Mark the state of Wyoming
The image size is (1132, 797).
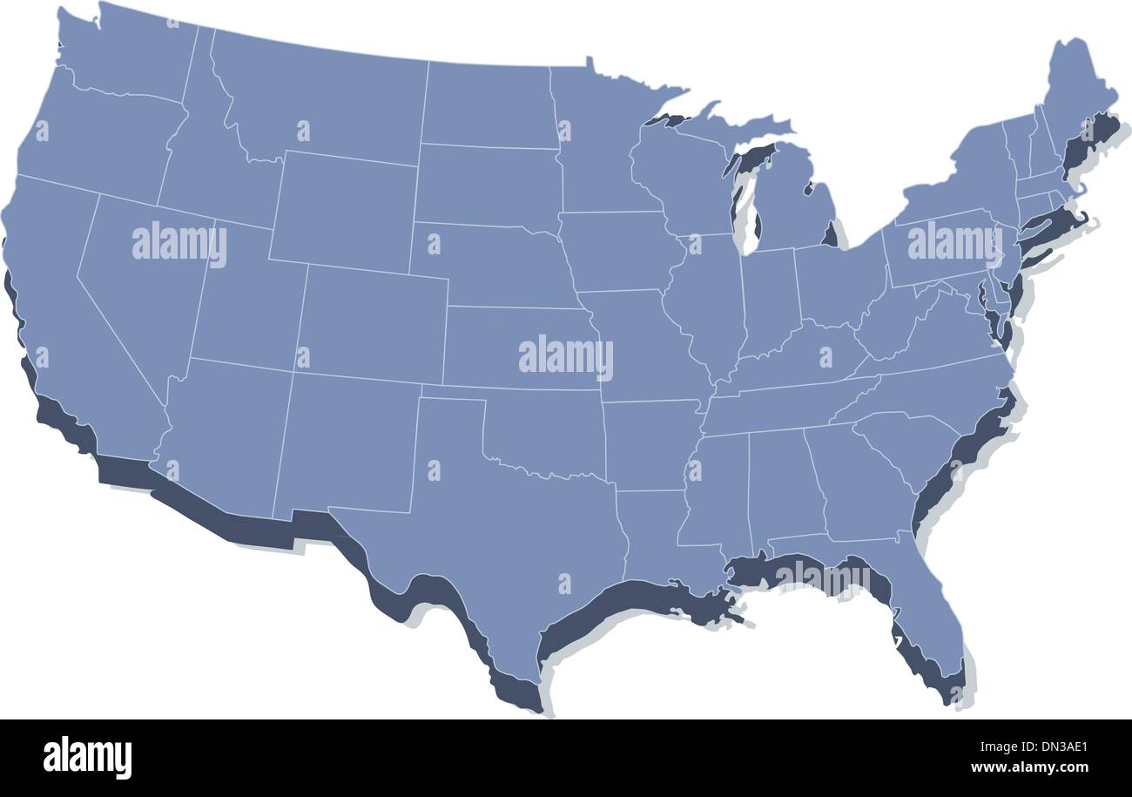344,209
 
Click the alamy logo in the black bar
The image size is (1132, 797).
87,757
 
